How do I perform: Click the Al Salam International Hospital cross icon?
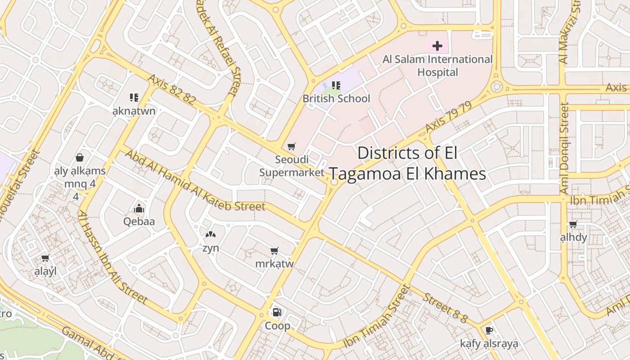tap(437, 46)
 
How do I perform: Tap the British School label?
tap(336, 99)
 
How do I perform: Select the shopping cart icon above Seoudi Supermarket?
tap(292, 146)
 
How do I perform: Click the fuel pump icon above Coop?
tap(277, 312)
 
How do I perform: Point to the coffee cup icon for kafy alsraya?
tap(489, 331)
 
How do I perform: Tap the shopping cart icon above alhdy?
tap(573, 224)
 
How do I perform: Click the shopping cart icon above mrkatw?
tap(274, 251)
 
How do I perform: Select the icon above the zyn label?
tap(210, 234)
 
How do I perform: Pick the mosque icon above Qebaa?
tap(139, 208)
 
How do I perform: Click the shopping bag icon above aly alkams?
tap(80, 157)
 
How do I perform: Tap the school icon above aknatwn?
tap(134, 97)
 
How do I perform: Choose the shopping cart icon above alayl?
tap(45, 258)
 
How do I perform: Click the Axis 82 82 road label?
tap(171, 90)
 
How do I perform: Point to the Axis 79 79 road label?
tap(448, 117)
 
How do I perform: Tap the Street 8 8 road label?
tap(445, 308)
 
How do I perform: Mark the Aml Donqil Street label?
tap(565, 148)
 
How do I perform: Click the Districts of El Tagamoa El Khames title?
tap(408, 163)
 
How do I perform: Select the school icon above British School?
tap(336, 85)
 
